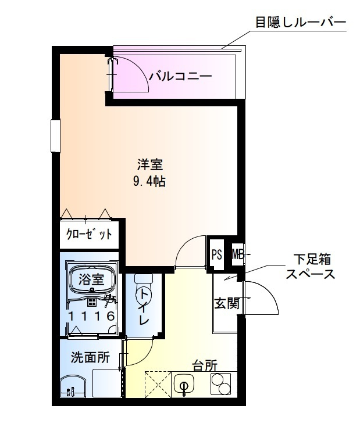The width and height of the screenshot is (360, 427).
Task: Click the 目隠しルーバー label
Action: tap(300, 23)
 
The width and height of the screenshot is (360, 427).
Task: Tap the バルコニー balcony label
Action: tap(180, 76)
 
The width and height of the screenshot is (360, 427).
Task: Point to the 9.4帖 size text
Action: tap(149, 181)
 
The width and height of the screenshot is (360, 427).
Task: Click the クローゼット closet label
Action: tap(89, 235)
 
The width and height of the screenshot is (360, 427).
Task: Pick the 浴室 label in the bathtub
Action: tap(91, 279)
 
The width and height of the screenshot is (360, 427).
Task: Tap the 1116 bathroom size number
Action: tap(91, 316)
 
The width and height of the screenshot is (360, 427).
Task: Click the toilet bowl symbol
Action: tap(142, 290)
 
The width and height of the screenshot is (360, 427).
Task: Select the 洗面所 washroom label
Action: tap(90, 358)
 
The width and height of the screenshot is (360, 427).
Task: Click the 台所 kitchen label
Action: tap(205, 366)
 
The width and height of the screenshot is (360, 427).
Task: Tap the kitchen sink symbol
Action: tap(186, 385)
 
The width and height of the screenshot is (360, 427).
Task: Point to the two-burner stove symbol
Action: tap(219, 385)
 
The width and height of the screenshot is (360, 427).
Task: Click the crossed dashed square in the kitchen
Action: tap(156, 383)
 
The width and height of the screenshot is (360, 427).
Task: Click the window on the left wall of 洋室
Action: tap(55, 135)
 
